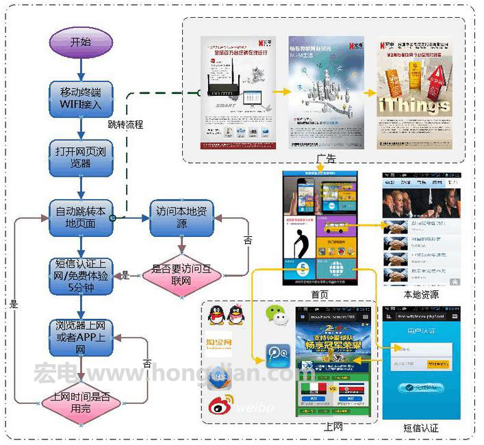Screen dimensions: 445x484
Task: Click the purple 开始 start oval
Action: pyautogui.click(x=81, y=42)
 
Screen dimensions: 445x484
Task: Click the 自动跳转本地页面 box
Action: pyautogui.click(x=81, y=218)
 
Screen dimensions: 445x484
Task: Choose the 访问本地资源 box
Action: pyautogui.click(x=181, y=218)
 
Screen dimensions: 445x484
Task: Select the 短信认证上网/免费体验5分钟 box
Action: pyautogui.click(x=81, y=275)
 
